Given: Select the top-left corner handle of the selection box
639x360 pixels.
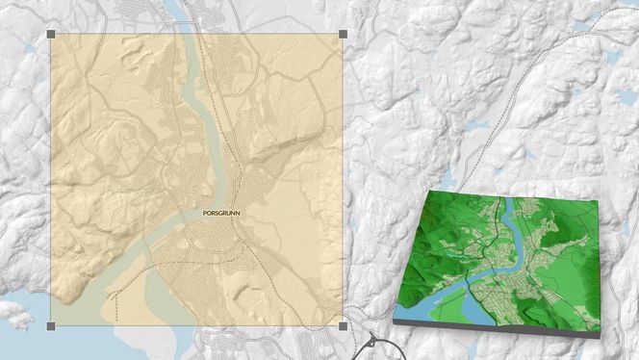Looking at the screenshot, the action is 51,35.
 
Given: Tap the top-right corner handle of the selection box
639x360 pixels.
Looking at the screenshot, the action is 343,35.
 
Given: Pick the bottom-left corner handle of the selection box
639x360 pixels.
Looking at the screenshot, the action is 51,326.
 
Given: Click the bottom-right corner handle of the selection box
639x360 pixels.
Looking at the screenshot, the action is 343,326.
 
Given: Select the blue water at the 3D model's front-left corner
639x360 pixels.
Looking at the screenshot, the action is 423,309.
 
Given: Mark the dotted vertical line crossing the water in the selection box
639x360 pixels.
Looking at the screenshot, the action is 118,303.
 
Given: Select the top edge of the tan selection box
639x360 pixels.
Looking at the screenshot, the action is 192,35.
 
